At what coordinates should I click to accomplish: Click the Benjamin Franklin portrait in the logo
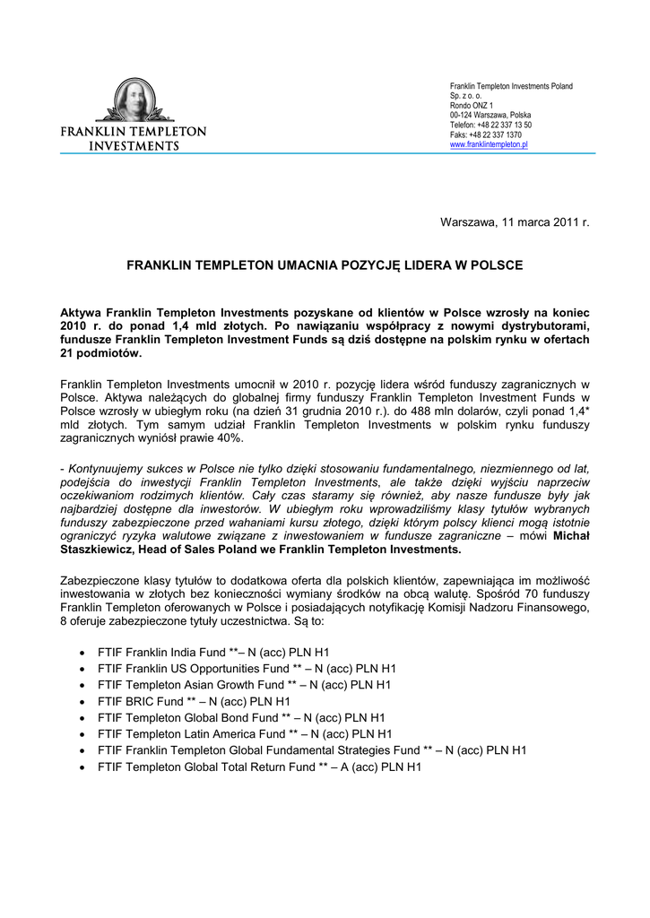tap(133, 101)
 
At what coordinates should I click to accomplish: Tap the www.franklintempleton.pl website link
tap(489, 144)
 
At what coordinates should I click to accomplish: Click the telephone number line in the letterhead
tap(490, 125)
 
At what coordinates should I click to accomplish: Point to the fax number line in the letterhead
tap(485, 134)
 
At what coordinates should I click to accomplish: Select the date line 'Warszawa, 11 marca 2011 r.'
tap(514, 221)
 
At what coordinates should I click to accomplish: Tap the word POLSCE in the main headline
tap(492, 266)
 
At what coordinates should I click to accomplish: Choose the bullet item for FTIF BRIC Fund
tap(194, 701)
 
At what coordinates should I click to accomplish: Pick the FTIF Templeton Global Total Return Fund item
tap(259, 767)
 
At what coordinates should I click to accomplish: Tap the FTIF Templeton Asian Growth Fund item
tap(245, 685)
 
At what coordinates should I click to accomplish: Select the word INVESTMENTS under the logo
tap(133, 146)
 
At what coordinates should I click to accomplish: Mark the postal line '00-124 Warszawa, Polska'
tap(490, 115)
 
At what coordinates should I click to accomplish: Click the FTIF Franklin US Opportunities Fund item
tap(247, 669)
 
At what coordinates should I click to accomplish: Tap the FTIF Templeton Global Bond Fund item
tap(241, 718)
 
